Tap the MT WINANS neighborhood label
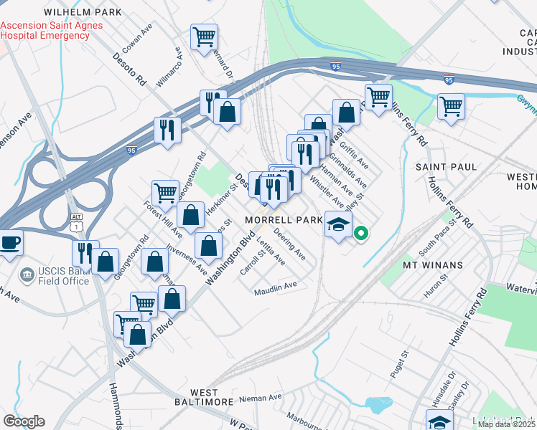tap(433, 264)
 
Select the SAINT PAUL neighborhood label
tap(445, 166)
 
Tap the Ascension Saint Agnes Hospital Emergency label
tap(52, 30)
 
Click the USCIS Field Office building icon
tap(27, 274)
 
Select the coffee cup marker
tap(10, 242)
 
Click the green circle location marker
tap(362, 232)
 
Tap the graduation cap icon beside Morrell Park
tap(337, 224)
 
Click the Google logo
tap(24, 421)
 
